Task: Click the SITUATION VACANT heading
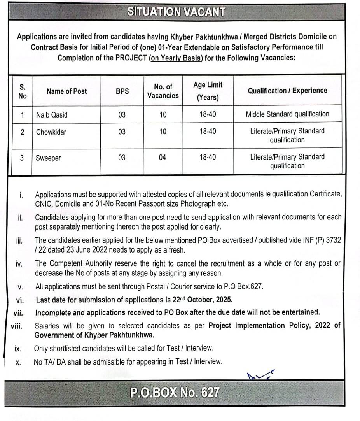coord(176,12)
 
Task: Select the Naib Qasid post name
coord(52,115)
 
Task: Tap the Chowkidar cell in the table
coord(51,132)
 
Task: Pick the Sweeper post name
coord(48,158)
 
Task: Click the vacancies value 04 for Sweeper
coord(163,158)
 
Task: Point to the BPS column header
coord(122,91)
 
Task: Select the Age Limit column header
coord(208,91)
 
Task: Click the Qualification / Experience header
coord(287,91)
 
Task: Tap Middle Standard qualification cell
coord(287,114)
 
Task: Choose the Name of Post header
coord(66,91)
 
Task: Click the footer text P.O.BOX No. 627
coord(175,393)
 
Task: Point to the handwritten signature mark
coord(260,375)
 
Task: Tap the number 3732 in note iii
coord(333,240)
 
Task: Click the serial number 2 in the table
coord(23,132)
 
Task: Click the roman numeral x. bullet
coord(18,362)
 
